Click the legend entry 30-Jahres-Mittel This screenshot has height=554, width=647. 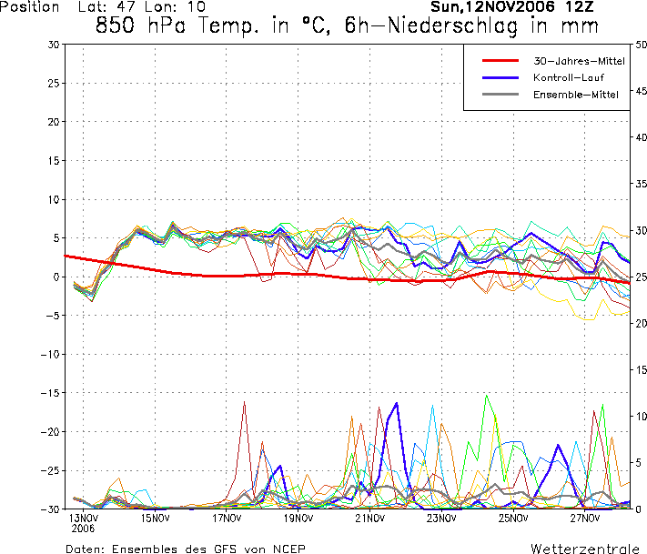567,60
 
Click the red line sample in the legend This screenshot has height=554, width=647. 500,60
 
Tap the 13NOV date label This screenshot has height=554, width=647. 83,519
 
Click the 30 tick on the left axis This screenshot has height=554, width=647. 54,45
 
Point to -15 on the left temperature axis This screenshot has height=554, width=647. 51,393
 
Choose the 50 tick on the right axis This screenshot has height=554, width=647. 641,45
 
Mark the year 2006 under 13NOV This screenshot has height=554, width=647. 83,528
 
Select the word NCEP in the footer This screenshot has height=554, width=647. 288,549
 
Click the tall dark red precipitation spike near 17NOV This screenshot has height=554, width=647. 244,402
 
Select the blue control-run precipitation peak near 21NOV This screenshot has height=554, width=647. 397,403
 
